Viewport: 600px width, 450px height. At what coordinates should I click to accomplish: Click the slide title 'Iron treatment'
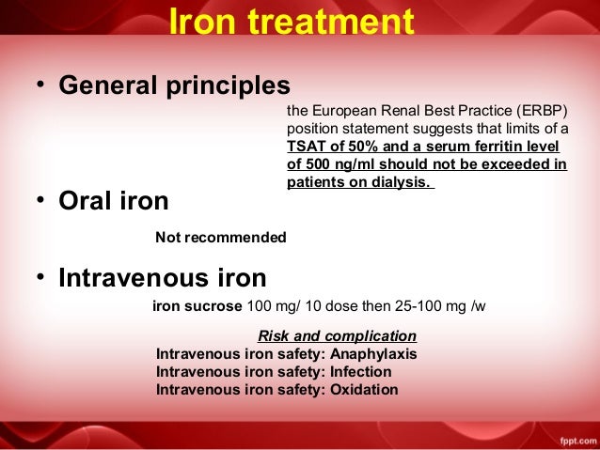pos(292,22)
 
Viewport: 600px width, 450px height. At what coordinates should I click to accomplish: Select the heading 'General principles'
pos(174,85)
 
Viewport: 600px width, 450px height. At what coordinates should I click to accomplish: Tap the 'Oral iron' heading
pos(114,201)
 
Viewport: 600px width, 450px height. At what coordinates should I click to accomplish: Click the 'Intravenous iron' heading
pos(162,278)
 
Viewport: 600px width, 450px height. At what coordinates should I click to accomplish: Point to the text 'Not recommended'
pos(220,238)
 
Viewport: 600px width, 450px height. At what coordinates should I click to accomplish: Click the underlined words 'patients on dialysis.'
pos(359,182)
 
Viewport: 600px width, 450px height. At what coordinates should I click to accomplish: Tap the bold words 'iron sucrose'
pos(197,306)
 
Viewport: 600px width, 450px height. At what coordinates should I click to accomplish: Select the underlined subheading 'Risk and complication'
pos(337,335)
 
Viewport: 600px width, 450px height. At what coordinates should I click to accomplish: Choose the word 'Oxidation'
pos(364,390)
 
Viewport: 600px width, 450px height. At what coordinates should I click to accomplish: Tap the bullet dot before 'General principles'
pos(41,85)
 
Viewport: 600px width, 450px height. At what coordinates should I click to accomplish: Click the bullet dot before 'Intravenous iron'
pos(41,278)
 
